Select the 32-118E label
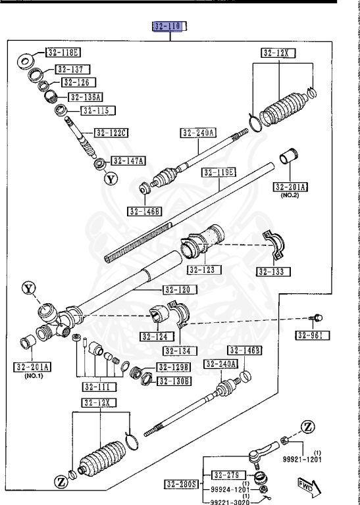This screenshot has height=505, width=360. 63,53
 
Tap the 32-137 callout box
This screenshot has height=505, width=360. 72,69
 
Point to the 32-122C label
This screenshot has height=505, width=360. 111,133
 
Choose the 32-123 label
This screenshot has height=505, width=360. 204,270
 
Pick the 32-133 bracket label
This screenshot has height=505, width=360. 274,271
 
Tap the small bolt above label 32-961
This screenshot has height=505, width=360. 318,318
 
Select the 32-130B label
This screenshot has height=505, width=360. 174,381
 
